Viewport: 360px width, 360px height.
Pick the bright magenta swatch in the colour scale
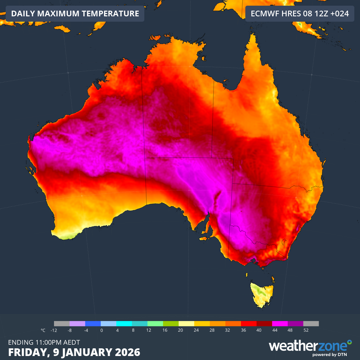click(x=280, y=323)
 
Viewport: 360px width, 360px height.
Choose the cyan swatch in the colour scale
click(x=124, y=323)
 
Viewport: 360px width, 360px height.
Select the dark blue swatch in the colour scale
click(x=93, y=323)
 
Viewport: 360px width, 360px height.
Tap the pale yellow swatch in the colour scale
click(x=186, y=323)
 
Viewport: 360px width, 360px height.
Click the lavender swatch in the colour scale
click(x=77, y=323)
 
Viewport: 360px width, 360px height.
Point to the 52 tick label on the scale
click(x=306, y=330)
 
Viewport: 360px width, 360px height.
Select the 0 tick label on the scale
click(x=101, y=330)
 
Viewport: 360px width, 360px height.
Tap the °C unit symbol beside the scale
click(x=43, y=330)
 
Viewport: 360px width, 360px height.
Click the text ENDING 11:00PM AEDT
click(x=44, y=342)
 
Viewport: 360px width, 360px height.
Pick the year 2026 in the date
click(x=126, y=352)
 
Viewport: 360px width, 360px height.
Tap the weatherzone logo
click(x=310, y=347)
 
